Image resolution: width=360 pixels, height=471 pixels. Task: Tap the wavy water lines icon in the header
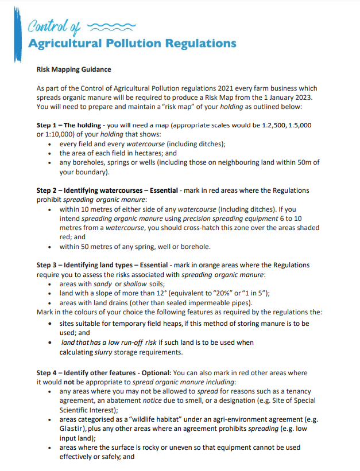(112, 25)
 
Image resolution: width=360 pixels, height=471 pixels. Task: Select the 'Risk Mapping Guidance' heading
(73, 69)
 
